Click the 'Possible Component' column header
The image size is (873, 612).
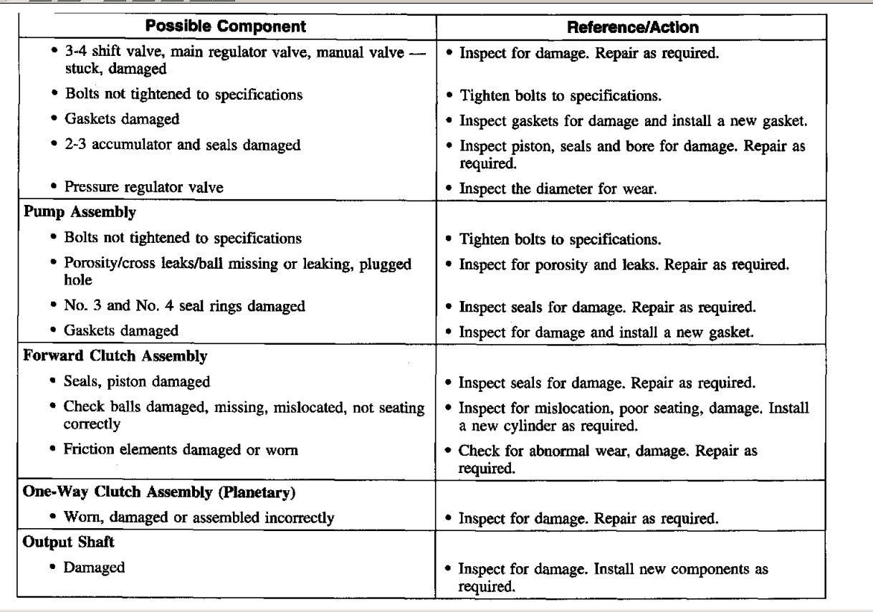(x=226, y=28)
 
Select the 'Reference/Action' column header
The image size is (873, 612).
(x=631, y=28)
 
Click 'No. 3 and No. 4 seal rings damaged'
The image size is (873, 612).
(x=184, y=307)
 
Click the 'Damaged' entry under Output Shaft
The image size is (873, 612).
(x=94, y=568)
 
